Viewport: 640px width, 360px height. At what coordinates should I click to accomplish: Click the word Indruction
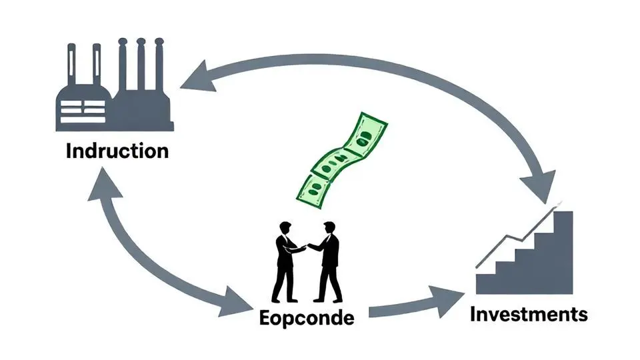[117, 151]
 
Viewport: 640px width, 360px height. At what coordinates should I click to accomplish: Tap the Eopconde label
[306, 317]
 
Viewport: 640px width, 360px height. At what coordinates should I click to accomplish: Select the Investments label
[529, 313]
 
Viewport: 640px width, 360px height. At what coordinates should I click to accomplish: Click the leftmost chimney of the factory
[71, 67]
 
